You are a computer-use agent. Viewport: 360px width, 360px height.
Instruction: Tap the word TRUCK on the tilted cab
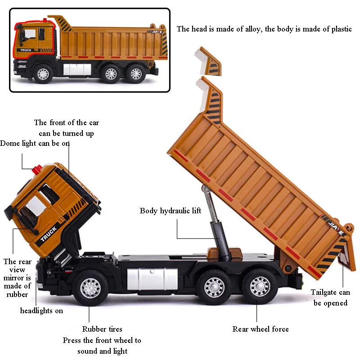48,235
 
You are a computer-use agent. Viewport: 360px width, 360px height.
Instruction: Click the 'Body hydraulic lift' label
170,211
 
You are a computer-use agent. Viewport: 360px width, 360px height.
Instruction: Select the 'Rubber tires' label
102,329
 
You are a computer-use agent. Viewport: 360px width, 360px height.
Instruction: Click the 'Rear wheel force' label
260,329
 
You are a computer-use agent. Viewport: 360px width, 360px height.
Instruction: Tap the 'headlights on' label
41,310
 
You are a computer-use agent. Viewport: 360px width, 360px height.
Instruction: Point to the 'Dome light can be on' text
35,143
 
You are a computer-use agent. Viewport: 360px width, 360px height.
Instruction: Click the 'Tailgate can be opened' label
330,297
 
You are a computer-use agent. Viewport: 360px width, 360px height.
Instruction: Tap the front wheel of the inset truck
44,72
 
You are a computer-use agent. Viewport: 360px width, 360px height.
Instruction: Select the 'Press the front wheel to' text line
102,340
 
